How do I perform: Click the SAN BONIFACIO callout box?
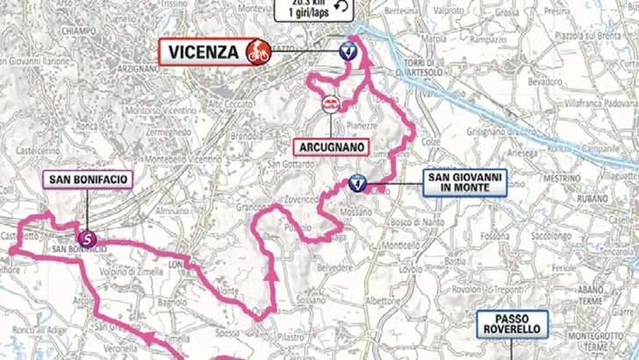(86, 182)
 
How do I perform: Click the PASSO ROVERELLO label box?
(513, 324)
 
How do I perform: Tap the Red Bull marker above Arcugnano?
(331, 103)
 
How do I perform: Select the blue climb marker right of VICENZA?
(348, 51)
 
